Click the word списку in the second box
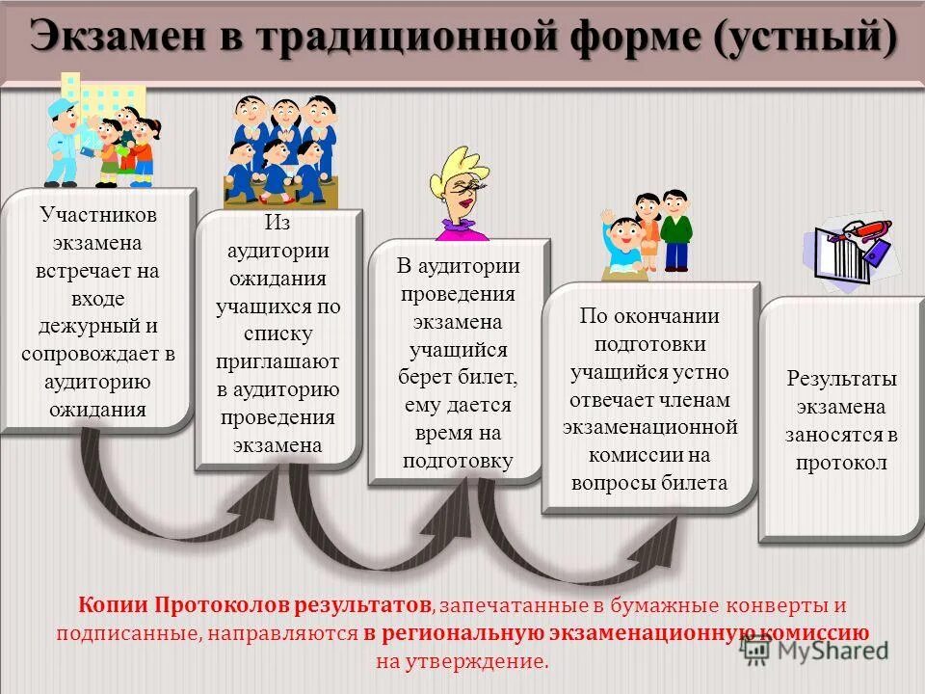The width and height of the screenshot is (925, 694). (x=278, y=334)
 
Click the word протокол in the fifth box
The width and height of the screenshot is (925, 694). (x=841, y=463)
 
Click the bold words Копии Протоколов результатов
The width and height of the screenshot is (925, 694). (x=255, y=605)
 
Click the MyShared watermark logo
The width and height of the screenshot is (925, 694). (x=814, y=650)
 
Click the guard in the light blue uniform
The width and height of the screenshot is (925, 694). (x=63, y=140)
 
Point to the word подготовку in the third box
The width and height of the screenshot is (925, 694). (x=458, y=461)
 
